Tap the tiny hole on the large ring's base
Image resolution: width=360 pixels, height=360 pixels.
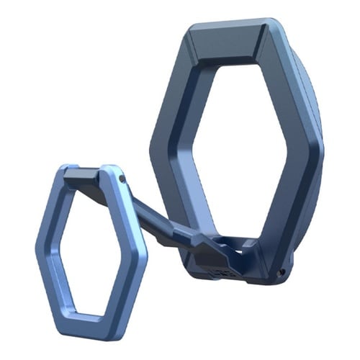tap(282, 271)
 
